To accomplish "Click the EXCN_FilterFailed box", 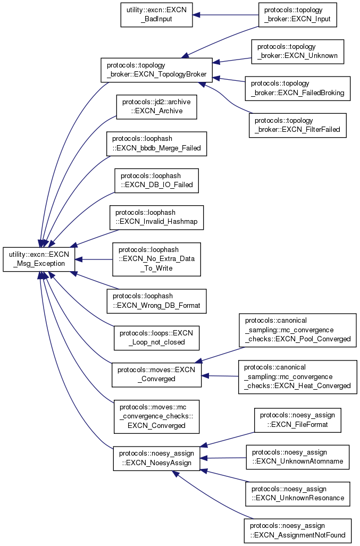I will (x=297, y=125).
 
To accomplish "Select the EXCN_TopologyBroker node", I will (x=156, y=70).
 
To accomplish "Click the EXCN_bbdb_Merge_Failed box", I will (x=156, y=144).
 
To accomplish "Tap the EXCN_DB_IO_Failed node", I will (x=156, y=181).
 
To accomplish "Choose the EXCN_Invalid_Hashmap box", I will (x=156, y=217).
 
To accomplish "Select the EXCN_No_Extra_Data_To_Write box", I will (x=156, y=259).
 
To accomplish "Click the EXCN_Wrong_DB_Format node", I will (x=156, y=301).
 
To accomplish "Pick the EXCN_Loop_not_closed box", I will (x=156, y=338).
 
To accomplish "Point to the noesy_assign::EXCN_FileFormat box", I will (x=297, y=420).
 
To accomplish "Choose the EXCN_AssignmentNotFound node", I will (x=297, y=531).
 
